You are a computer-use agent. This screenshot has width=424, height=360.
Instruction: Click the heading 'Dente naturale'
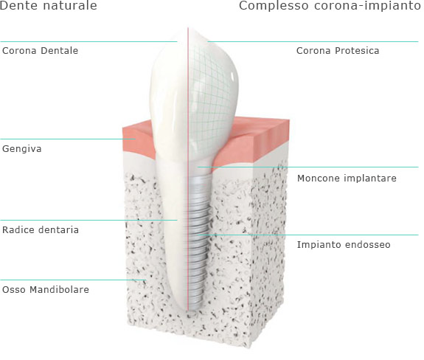48,5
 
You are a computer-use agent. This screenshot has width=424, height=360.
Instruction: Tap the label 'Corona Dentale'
40,51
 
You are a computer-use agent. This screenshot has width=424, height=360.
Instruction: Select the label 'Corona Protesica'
338,51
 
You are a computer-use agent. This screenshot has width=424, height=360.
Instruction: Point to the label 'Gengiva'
22,149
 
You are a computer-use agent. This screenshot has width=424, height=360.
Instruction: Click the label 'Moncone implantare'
347,179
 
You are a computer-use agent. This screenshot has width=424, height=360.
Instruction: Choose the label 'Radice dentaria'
41,230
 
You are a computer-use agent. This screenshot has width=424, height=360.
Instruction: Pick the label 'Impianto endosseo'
344,244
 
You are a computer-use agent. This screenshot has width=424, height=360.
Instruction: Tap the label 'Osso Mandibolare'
46,290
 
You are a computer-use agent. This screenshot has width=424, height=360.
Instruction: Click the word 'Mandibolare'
59,290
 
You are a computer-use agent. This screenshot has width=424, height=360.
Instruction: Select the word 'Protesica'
357,51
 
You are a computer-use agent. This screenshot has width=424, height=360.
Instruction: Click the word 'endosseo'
367,244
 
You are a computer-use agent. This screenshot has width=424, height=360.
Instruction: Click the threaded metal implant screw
198,243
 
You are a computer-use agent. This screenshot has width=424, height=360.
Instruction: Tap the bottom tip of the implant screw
193,310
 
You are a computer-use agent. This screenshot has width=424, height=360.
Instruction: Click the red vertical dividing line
188,169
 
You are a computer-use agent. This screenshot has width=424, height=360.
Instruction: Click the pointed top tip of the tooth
190,28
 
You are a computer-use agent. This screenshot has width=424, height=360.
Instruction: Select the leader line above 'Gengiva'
68,139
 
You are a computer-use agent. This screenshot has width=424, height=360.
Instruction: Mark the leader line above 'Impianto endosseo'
308,235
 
